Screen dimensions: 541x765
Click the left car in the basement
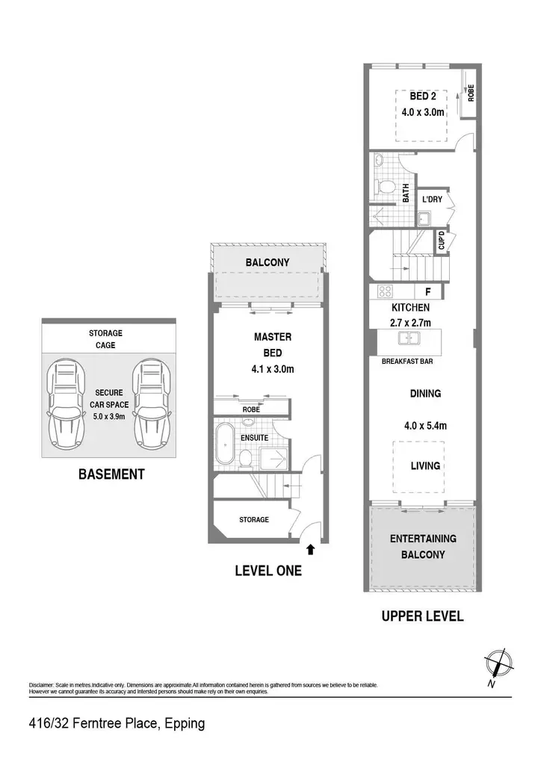click(x=65, y=405)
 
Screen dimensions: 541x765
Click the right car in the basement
click(x=152, y=405)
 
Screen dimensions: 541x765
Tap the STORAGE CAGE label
click(x=105, y=339)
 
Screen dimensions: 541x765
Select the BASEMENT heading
click(x=112, y=474)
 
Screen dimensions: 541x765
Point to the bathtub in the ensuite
click(x=226, y=444)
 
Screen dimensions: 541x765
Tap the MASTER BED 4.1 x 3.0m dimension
click(x=273, y=369)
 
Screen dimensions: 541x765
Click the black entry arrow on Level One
click(x=311, y=550)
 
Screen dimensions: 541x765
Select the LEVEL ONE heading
click(x=268, y=571)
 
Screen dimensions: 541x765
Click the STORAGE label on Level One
click(x=253, y=520)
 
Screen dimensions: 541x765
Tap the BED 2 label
click(x=422, y=96)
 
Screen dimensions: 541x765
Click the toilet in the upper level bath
click(x=386, y=186)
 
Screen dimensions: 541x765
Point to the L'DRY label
click(x=432, y=199)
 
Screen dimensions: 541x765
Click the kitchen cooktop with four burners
click(x=386, y=291)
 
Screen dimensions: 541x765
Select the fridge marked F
click(x=428, y=292)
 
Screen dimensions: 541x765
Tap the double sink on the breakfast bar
click(x=409, y=337)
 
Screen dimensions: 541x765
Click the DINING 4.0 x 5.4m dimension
click(x=425, y=425)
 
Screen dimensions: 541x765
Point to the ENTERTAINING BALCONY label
click(x=423, y=546)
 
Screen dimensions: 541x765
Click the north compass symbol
click(x=498, y=664)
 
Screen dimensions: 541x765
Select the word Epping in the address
click(x=185, y=723)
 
